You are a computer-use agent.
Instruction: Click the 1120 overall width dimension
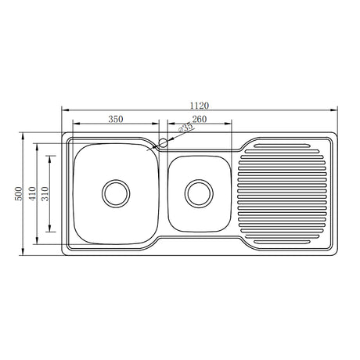pyautogui.click(x=201, y=105)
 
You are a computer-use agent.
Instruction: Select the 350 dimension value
pyautogui.click(x=115, y=118)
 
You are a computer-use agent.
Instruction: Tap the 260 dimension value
pyautogui.click(x=198, y=118)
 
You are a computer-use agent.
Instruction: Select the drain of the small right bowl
pyautogui.click(x=199, y=192)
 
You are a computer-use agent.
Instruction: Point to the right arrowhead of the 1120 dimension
pyautogui.click(x=337, y=110)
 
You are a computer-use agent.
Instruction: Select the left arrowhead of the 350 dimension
pyautogui.click(x=74, y=124)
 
